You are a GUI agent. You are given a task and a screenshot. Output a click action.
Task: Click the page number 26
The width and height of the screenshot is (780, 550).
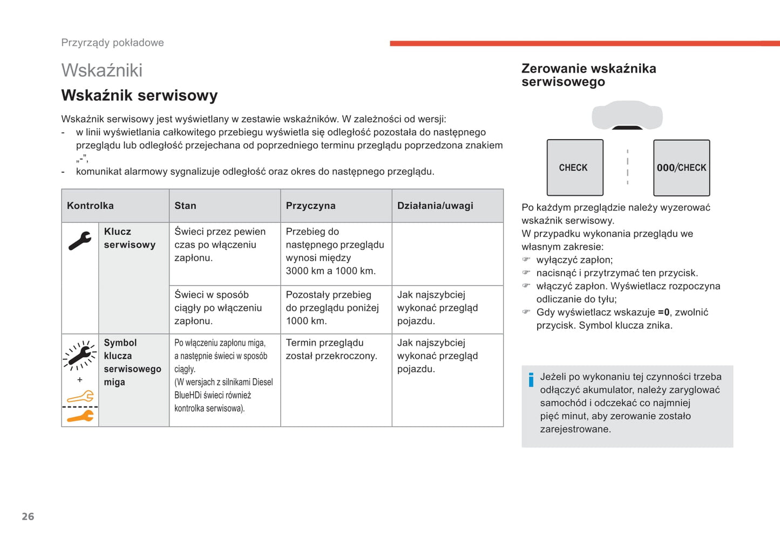point(28,517)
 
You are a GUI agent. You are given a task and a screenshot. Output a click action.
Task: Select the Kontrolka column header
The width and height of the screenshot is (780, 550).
point(90,206)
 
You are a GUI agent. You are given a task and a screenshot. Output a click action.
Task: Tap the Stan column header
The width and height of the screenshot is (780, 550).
point(185,206)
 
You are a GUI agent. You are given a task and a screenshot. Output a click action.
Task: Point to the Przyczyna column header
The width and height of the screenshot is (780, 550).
point(310,206)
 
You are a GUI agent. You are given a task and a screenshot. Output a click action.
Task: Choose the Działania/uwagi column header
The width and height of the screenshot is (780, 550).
point(435,206)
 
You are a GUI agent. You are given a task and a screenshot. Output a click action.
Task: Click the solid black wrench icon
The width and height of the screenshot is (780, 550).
point(80,241)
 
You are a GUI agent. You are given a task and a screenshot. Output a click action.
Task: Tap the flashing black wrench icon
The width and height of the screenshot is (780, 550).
point(80,355)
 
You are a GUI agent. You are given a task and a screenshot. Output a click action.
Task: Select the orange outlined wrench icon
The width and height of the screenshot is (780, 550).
point(80,398)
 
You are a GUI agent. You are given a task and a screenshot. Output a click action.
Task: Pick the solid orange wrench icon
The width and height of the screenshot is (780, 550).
point(80,416)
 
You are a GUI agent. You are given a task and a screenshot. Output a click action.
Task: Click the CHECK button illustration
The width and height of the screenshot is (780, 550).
point(575,167)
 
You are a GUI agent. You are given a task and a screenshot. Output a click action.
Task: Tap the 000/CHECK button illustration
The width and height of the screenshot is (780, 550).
point(681,167)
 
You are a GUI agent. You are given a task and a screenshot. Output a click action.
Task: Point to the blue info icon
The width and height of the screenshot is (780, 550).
point(531,380)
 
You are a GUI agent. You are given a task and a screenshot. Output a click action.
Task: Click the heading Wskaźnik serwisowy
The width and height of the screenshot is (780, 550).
point(139,96)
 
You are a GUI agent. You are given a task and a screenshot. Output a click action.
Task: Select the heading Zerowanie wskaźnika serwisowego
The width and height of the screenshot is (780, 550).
point(588,75)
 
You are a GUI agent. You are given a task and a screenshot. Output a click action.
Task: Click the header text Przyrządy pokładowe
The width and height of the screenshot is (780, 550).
point(112,43)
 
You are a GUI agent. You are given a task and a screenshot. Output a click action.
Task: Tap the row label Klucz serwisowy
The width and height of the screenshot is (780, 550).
point(130,238)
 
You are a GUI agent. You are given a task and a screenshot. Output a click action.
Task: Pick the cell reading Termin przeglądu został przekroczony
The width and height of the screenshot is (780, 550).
point(331,349)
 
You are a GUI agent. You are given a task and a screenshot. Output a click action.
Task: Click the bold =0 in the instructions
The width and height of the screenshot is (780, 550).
point(663,312)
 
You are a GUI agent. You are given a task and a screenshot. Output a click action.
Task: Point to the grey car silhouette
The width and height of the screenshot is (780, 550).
point(627,115)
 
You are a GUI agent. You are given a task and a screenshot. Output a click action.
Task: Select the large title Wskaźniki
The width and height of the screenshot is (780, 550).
point(102,70)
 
